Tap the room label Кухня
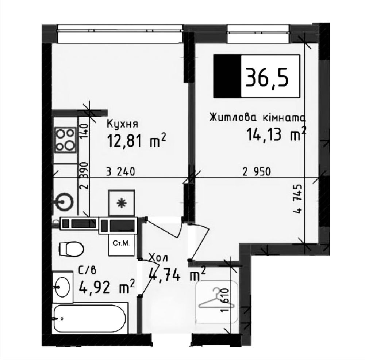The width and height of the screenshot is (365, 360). pos(122,124)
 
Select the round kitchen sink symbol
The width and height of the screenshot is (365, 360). pos(66,200)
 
